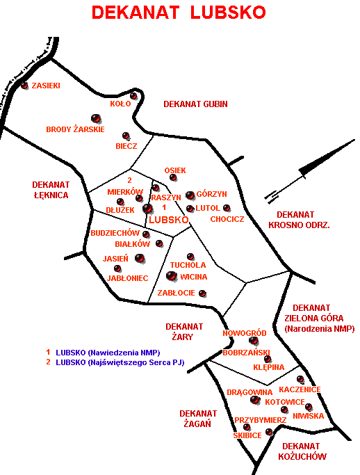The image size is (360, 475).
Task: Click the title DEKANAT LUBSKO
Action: (x=179, y=13)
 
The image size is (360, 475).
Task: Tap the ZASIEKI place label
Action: (x=46, y=86)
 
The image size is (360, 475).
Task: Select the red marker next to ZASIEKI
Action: (x=24, y=86)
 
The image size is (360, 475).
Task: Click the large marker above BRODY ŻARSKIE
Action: (x=96, y=118)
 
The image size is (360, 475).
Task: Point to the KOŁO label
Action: (x=120, y=104)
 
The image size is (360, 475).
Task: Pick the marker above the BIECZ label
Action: (x=126, y=136)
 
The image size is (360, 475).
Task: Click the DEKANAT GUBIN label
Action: (x=195, y=104)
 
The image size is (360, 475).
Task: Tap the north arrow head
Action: (x=327, y=158)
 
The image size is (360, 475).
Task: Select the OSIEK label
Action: (x=175, y=170)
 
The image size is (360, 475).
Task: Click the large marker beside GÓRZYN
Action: (x=190, y=195)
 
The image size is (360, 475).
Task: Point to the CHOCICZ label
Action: (x=227, y=219)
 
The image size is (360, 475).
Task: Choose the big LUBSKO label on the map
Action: (x=169, y=220)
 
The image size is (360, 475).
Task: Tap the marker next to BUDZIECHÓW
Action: (x=146, y=234)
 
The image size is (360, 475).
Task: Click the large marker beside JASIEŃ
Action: (x=140, y=259)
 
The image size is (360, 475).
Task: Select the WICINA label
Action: (x=194, y=277)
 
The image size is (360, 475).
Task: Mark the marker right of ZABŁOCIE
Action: (x=202, y=293)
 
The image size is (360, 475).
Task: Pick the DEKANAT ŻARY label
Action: (x=184, y=332)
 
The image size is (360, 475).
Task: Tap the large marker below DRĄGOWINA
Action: (x=255, y=400)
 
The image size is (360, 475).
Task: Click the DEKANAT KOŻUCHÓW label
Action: (x=302, y=451)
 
